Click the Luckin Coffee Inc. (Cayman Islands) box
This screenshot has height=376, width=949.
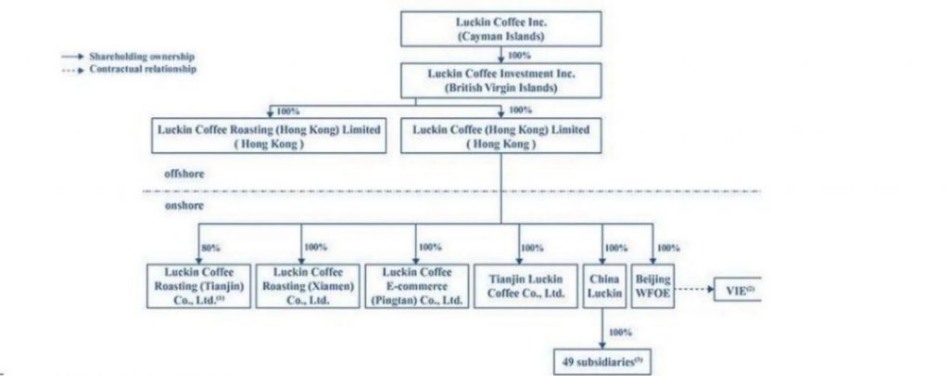[500, 29]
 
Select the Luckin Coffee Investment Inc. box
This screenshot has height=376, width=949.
[500, 80]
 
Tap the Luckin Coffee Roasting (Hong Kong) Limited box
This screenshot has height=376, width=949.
[269, 136]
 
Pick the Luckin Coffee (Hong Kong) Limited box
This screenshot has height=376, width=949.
[500, 136]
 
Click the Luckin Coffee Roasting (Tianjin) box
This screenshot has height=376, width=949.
[198, 286]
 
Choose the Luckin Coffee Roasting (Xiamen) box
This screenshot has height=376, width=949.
[308, 286]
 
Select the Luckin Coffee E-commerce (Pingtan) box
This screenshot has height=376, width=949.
[416, 286]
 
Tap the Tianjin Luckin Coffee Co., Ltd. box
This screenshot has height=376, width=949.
[525, 286]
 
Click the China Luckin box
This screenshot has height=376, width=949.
[604, 286]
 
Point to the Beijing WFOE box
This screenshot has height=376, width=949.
[653, 286]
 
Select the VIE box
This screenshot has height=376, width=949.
[737, 290]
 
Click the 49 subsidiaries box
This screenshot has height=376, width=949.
[602, 362]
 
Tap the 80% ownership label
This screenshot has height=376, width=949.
[210, 248]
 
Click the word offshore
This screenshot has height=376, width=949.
[184, 174]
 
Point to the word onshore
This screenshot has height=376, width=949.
[184, 205]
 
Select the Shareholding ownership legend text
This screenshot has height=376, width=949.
[142, 57]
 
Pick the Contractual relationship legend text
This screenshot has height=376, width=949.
[143, 69]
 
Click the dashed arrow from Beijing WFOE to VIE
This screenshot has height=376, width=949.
[694, 290]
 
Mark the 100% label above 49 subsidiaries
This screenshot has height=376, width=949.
[620, 332]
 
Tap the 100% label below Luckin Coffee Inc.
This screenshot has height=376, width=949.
[519, 56]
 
